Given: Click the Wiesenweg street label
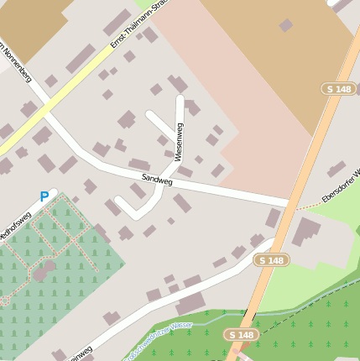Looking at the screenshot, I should [x=179, y=141].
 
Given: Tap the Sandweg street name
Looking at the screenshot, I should [x=156, y=179].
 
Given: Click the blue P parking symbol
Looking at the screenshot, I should [x=44, y=197].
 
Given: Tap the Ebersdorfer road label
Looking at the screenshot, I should [x=340, y=188].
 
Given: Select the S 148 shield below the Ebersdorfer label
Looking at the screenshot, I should [x=272, y=260].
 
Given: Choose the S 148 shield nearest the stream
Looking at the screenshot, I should [x=241, y=335].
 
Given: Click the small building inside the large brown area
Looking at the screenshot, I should [x=286, y=25].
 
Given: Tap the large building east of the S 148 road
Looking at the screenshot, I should [x=307, y=230].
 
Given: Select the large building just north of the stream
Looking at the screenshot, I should [x=190, y=303].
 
